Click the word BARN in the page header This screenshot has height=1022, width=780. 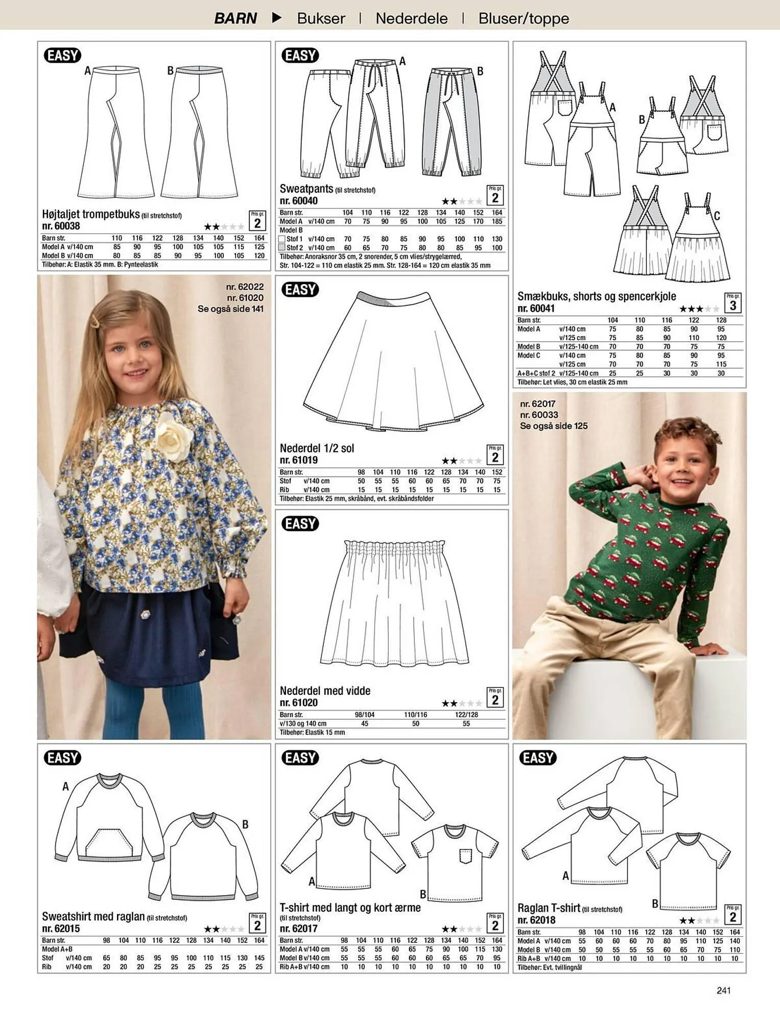pyautogui.click(x=235, y=18)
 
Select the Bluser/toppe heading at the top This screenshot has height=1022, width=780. pyautogui.click(x=524, y=18)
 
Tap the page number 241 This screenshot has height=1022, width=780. pyautogui.click(x=724, y=990)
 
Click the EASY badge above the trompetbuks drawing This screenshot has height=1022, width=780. pyautogui.click(x=63, y=55)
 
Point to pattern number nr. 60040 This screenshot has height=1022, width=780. pyautogui.click(x=299, y=201)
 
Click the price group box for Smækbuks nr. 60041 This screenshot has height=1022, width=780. pyautogui.click(x=732, y=303)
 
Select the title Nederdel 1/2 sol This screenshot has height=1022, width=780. pyautogui.click(x=317, y=448)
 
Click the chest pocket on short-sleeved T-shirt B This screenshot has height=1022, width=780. pyautogui.click(x=465, y=856)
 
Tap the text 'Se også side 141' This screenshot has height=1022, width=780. pyautogui.click(x=231, y=309)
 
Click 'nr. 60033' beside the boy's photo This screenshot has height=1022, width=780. pyautogui.click(x=539, y=415)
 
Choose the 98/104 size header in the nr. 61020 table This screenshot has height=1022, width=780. pyautogui.click(x=365, y=714)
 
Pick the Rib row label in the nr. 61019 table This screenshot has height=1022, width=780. pyautogui.click(x=285, y=490)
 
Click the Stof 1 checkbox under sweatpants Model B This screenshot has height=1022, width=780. pyautogui.click(x=281, y=239)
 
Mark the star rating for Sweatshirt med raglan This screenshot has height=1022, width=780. pyautogui.click(x=224, y=929)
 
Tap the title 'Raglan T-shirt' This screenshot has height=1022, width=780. pyautogui.click(x=549, y=908)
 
